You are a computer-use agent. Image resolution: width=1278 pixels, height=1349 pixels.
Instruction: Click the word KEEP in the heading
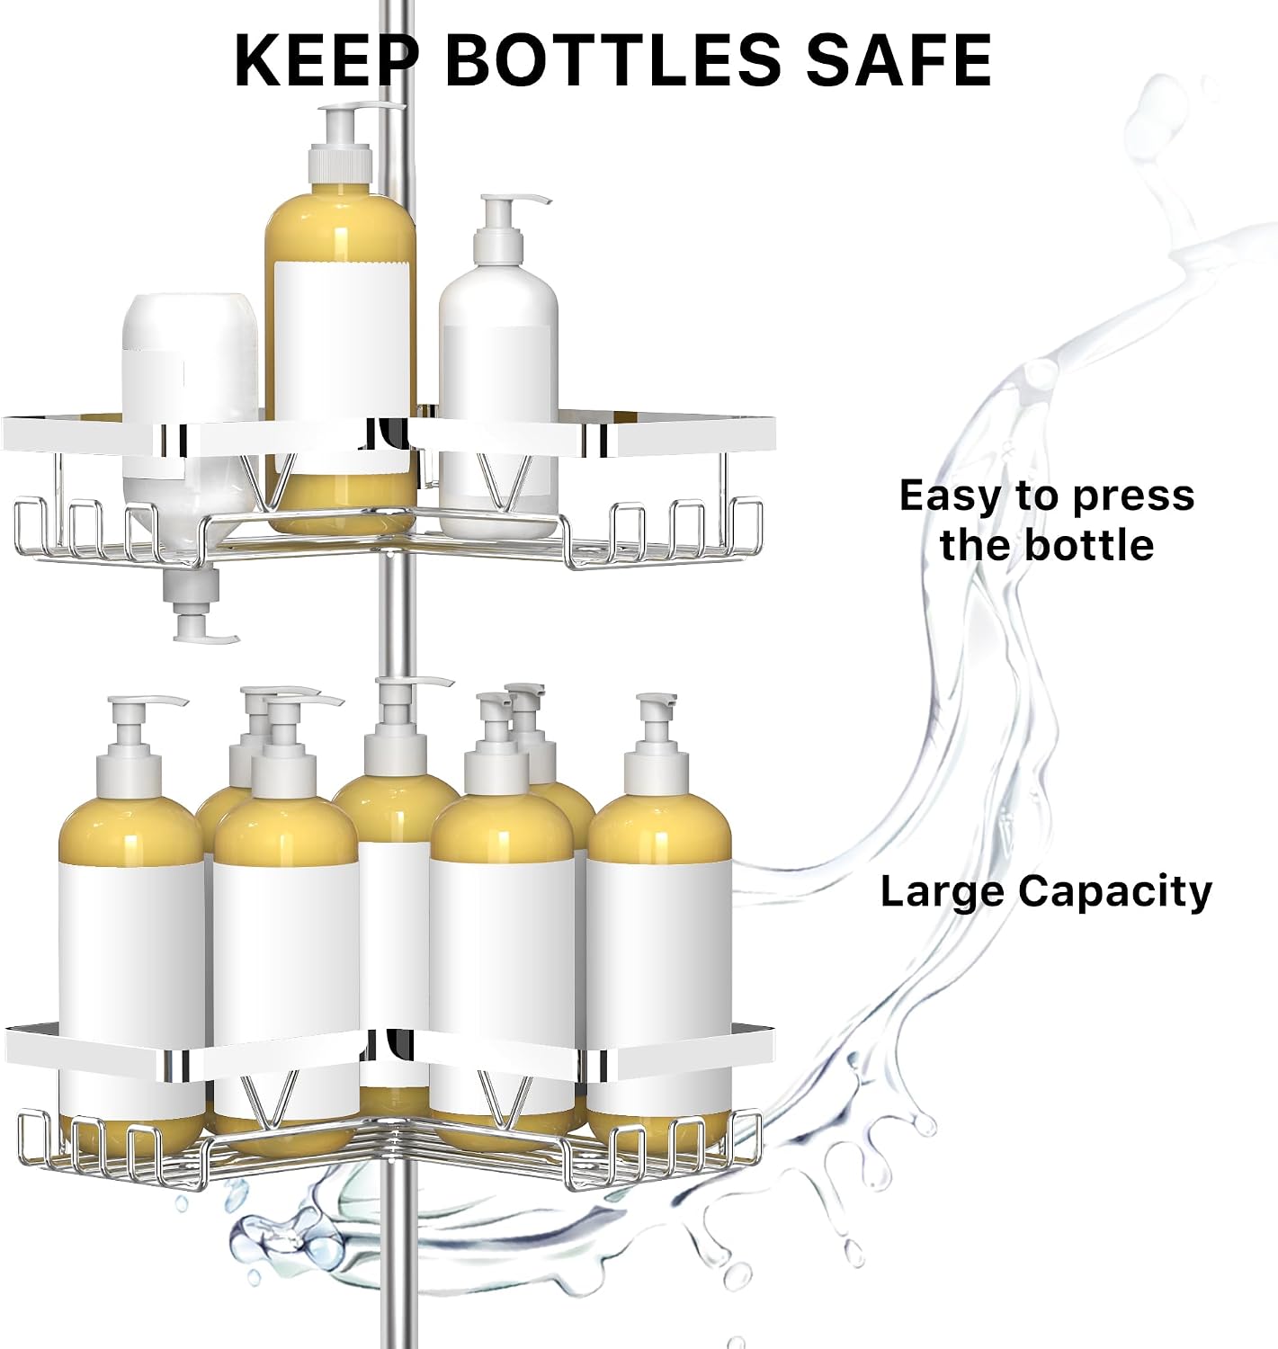pyautogui.click(x=326, y=59)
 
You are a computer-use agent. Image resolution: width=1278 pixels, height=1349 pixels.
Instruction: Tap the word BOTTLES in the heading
pyautogui.click(x=613, y=59)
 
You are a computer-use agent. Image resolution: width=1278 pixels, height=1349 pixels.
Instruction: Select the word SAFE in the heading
pyautogui.click(x=898, y=59)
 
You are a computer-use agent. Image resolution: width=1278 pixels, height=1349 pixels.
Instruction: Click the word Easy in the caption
pyautogui.click(x=951, y=496)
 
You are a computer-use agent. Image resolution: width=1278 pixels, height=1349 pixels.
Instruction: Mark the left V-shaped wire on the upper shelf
pyautogui.click(x=268, y=482)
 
